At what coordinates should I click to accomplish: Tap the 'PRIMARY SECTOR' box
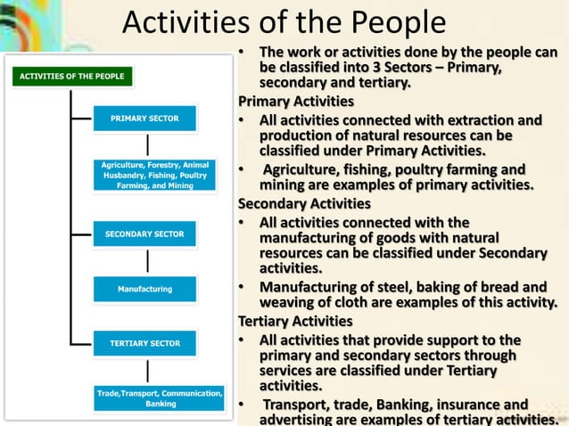144,119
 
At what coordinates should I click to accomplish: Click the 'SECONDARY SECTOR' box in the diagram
144,234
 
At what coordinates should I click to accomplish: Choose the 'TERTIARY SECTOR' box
144,343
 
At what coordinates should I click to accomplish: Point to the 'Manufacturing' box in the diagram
144,289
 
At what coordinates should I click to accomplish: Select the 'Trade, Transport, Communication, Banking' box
161,397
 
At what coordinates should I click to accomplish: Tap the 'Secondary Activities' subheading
303,203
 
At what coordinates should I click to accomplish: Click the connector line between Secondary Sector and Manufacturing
148,261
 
